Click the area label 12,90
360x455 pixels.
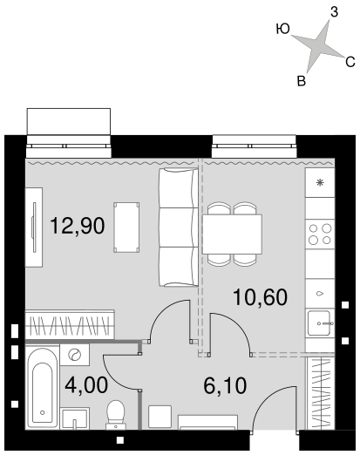coord(78,226)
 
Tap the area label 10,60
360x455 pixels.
coord(260,297)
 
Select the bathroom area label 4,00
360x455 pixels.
coord(86,385)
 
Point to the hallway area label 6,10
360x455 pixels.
coord(225,385)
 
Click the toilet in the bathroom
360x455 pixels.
coord(116,415)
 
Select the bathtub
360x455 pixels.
coord(43,387)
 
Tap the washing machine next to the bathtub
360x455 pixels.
coord(75,355)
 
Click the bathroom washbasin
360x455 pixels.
coord(75,418)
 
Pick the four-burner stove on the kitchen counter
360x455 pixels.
coord(320,234)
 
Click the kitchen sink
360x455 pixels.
coord(319,323)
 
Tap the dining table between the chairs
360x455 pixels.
coord(232,234)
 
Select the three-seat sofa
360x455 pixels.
coord(179,227)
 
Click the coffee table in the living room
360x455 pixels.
coord(126,227)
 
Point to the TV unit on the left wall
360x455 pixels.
coord(34,227)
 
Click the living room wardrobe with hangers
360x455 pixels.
coord(70,324)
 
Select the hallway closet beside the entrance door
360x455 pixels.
coord(321,393)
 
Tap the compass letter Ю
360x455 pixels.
coord(282,29)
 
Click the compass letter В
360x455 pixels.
coord(302,81)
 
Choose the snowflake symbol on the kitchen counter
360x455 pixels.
coord(320,182)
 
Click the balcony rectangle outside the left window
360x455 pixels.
coord(69,121)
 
